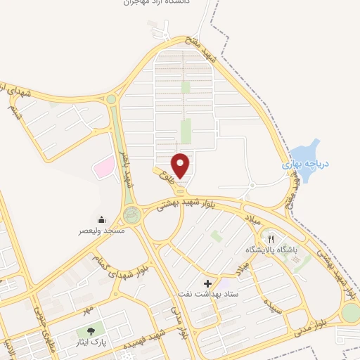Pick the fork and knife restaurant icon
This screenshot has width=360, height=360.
pyautogui.click(x=271, y=239)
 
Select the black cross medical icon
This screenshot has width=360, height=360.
pyautogui.click(x=207, y=283)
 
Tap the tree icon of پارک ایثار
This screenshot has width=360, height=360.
pyautogui.click(x=90, y=331)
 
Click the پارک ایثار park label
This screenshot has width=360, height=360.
pyautogui.click(x=90, y=344)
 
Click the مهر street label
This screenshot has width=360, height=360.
pyautogui.click(x=87, y=310)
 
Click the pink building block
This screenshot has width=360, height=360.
pyautogui.click(x=104, y=167)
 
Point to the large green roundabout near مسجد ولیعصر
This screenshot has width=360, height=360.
pyautogui.click(x=131, y=214)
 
